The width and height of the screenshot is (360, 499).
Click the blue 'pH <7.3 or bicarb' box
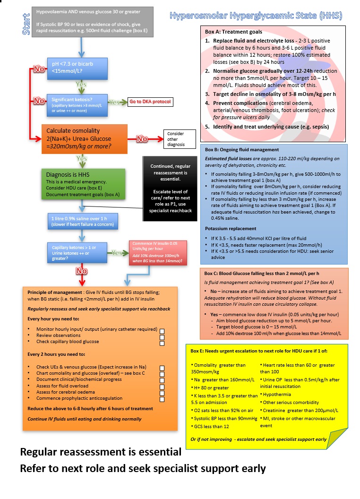point(77,68)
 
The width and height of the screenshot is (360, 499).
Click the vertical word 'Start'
point(26,24)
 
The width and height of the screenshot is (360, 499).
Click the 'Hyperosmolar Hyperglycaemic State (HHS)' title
point(256,17)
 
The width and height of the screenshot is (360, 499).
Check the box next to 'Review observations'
point(162,337)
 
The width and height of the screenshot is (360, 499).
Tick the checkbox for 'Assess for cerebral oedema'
point(162,393)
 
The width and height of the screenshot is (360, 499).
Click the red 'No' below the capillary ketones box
point(82,271)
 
